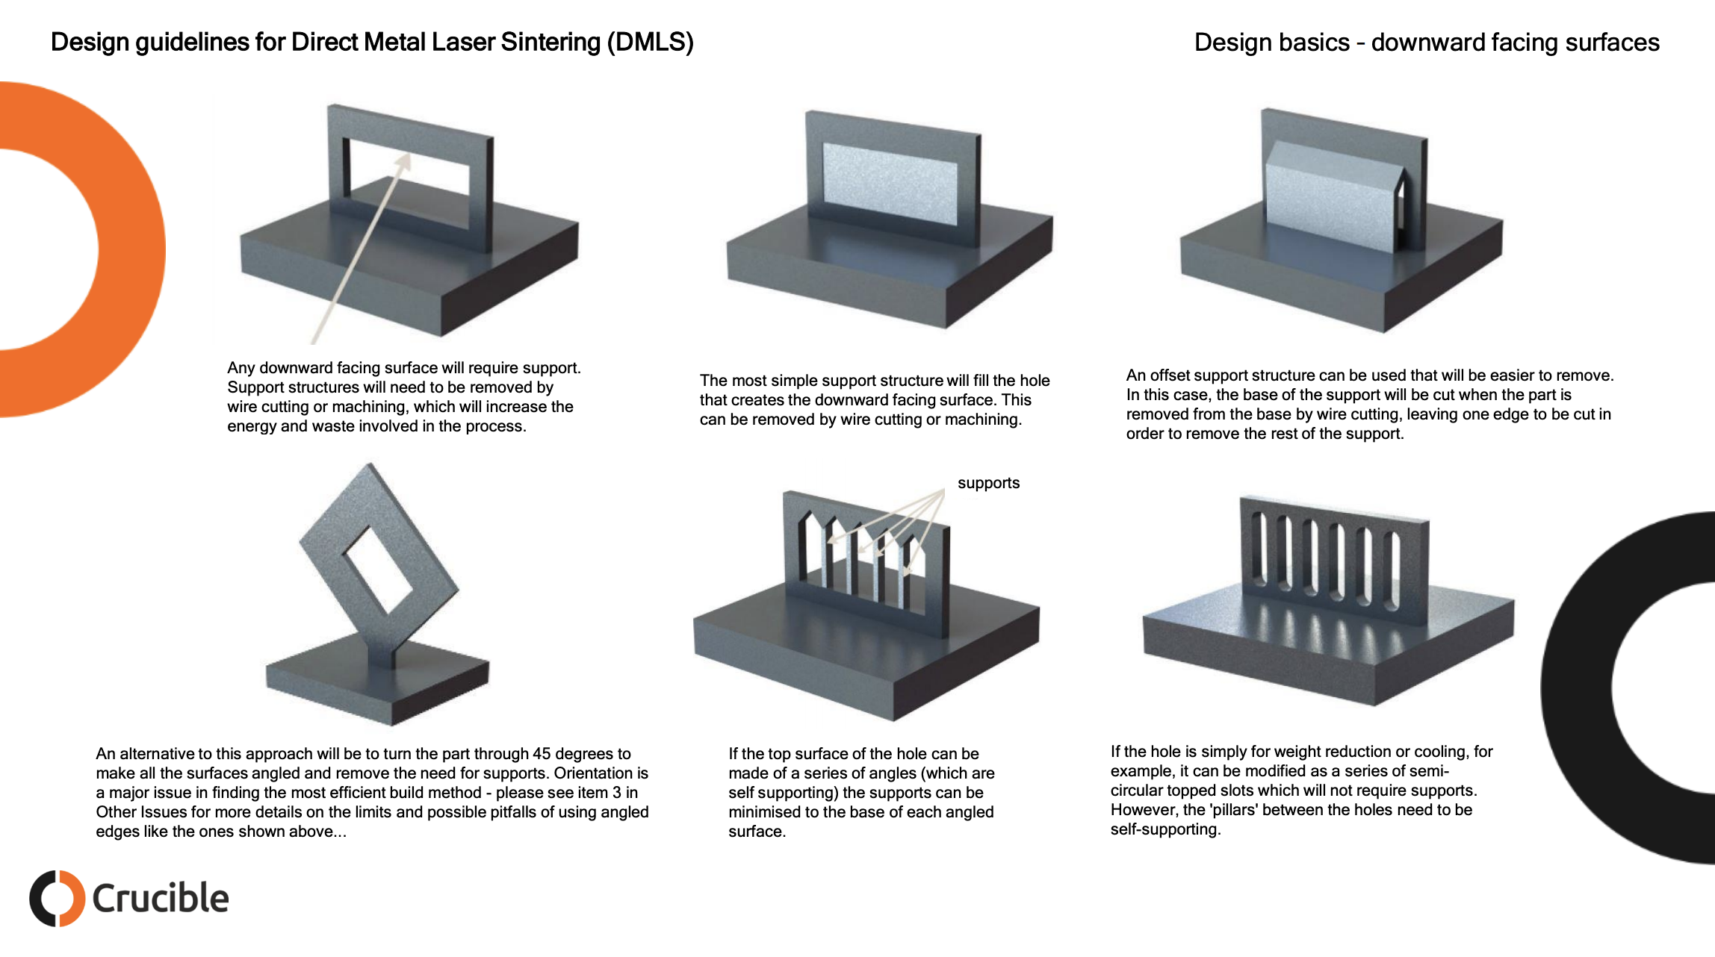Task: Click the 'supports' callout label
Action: (988, 483)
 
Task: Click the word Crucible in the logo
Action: (160, 898)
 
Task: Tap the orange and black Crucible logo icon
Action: (57, 898)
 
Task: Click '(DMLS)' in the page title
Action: (650, 42)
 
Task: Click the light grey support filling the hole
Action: (889, 184)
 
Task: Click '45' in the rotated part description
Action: (543, 754)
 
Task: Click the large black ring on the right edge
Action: (1576, 687)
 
